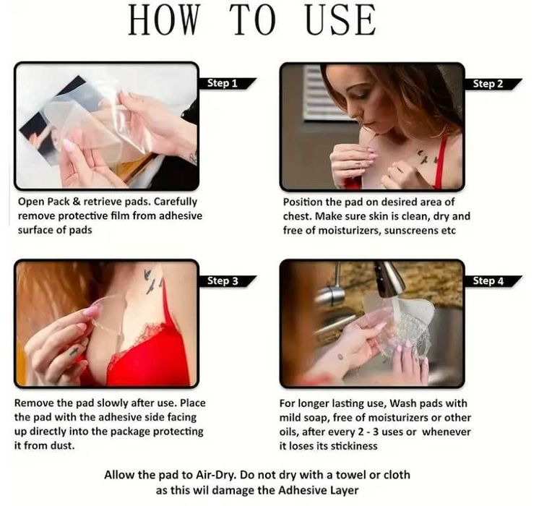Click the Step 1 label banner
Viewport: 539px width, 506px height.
[x=227, y=84]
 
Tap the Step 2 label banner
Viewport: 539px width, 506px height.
[x=492, y=84]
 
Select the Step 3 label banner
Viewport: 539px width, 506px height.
[x=227, y=281]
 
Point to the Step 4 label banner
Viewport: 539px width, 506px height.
[x=492, y=281]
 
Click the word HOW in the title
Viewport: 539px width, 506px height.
[x=164, y=20]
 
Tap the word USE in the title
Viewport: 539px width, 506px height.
[x=340, y=20]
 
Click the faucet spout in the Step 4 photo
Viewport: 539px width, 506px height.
[x=390, y=279]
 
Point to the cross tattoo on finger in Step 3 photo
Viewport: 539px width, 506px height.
[x=74, y=351]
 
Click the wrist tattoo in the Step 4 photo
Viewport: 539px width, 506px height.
[x=340, y=356]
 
